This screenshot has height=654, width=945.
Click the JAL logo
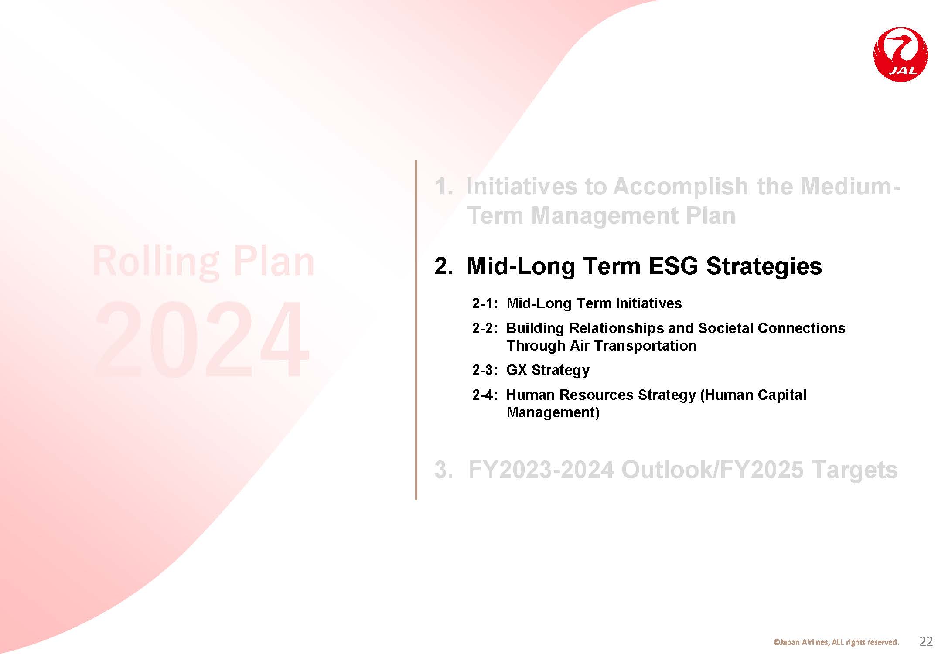pos(901,54)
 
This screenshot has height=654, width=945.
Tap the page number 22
pos(926,641)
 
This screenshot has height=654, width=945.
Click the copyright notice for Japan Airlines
pos(836,642)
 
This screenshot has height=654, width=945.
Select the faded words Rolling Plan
pos(203,262)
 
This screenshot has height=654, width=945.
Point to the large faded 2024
pos(202,339)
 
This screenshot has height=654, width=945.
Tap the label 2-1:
pos(485,303)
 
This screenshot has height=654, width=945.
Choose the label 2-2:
pos(485,328)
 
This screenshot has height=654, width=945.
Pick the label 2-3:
pos(485,370)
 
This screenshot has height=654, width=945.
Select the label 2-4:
pos(485,395)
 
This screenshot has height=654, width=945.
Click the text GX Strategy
pos(548,370)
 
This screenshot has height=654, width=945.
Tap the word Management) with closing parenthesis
pos(553,412)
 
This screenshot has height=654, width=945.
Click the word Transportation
pos(645,346)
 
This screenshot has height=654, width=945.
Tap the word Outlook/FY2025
pos(712,470)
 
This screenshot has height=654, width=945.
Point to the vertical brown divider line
pos(416,330)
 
